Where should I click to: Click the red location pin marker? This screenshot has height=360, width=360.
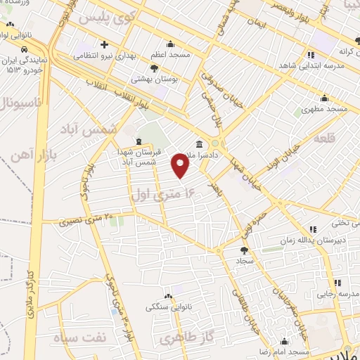[181, 165]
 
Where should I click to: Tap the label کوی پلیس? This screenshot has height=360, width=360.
[106, 16]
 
